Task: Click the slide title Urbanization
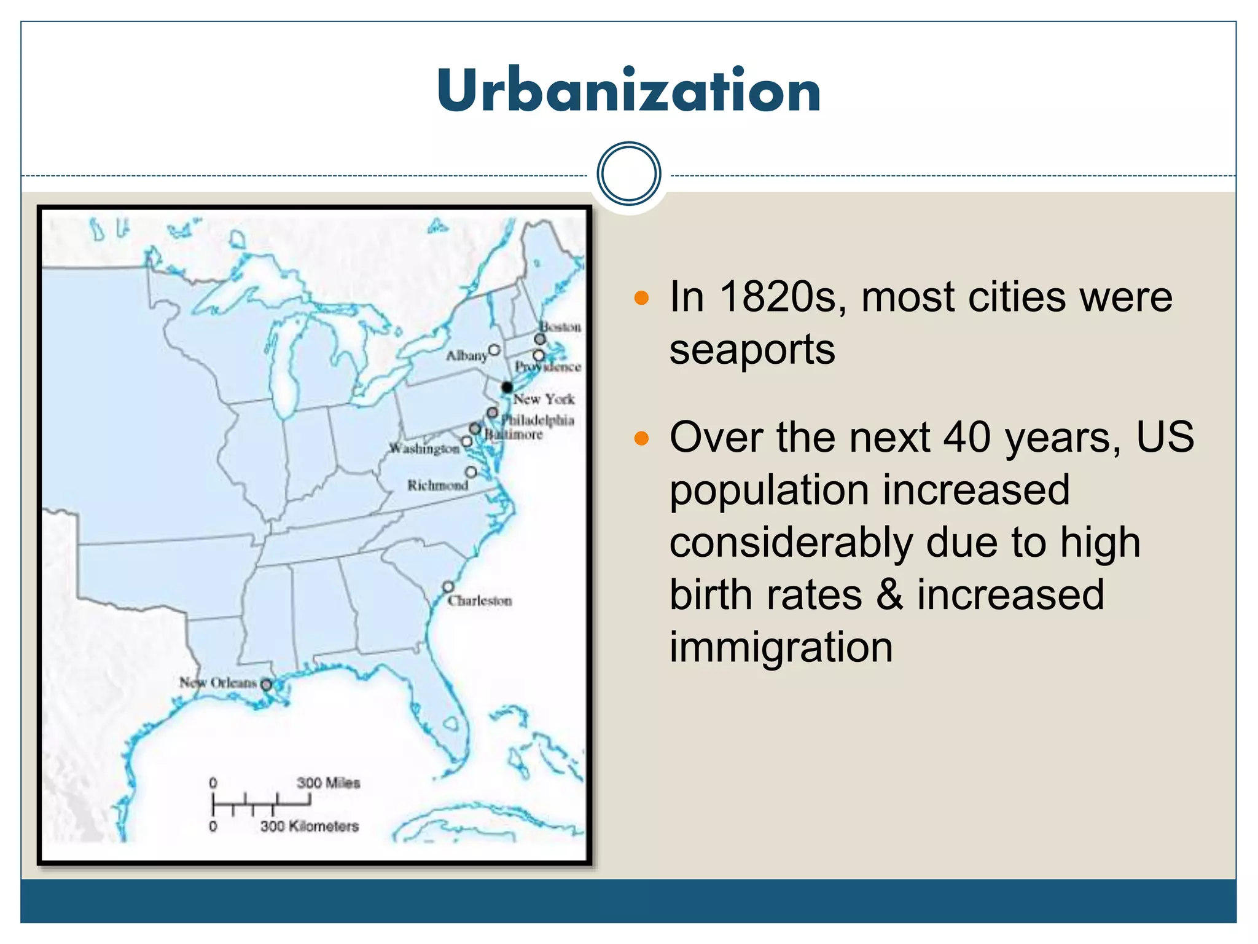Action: [628, 90]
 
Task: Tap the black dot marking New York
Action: [507, 387]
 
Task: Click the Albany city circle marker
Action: [494, 350]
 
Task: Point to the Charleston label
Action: [480, 601]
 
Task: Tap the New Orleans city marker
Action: [266, 684]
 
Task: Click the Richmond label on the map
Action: [437, 486]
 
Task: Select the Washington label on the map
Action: [424, 449]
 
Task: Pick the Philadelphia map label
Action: [538, 420]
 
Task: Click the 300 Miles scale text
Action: [328, 783]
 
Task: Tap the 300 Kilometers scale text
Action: [309, 827]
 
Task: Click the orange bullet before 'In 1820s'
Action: [641, 299]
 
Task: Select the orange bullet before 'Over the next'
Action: [641, 439]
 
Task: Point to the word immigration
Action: [781, 647]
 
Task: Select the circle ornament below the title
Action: [628, 174]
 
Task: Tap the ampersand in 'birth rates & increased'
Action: [889, 595]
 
